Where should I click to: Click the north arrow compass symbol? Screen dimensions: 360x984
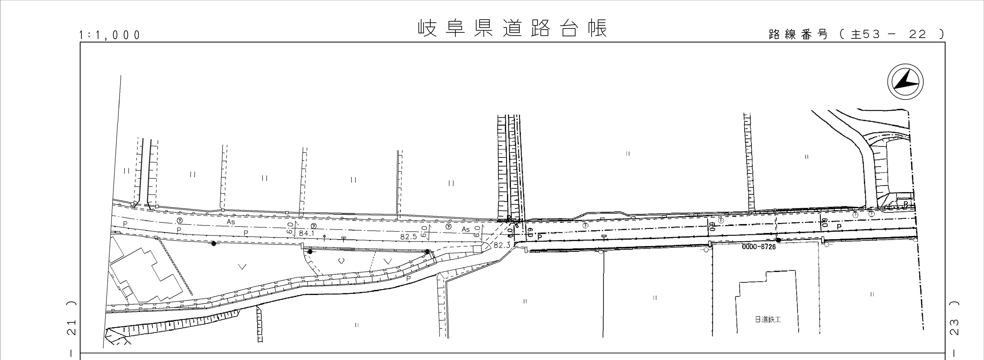(x=905, y=82)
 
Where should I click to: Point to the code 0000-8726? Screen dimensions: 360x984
(x=759, y=247)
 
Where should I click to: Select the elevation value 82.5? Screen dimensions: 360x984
(x=408, y=237)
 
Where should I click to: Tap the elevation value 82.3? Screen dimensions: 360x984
(x=501, y=245)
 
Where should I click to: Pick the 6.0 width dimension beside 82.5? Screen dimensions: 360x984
(x=424, y=232)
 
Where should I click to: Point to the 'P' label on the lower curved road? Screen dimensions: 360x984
(x=408, y=279)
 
